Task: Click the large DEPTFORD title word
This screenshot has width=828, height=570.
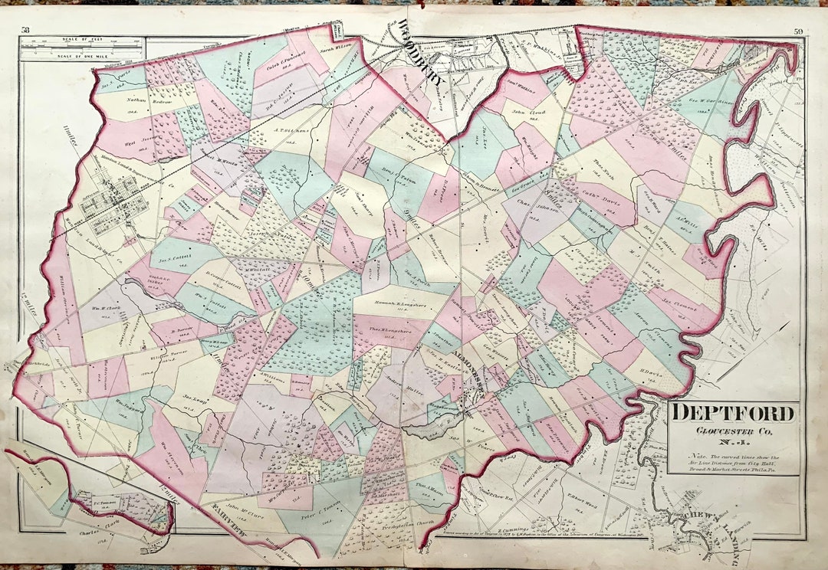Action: tap(732, 414)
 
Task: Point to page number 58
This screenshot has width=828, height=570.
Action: tap(25, 30)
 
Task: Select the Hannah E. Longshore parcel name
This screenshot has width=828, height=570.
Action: tap(393, 306)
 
